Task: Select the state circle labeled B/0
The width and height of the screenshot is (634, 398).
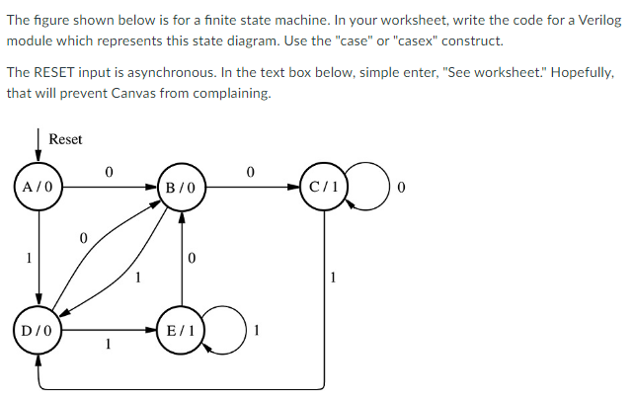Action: pos(182,186)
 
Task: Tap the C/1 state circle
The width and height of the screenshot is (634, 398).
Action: pos(325,186)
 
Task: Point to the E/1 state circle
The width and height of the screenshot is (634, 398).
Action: pos(182,330)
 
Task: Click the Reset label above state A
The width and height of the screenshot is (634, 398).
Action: pos(65,140)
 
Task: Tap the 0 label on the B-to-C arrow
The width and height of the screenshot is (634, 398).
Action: pos(251,173)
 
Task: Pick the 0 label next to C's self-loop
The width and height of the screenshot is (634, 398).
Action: pos(402,186)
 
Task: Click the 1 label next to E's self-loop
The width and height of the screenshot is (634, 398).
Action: pos(258,330)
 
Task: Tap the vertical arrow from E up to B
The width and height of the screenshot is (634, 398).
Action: pos(182,262)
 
